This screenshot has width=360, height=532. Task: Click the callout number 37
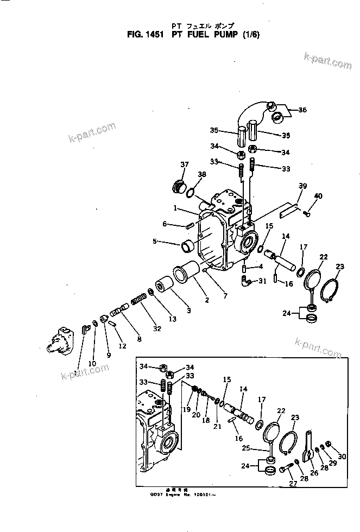[184, 165]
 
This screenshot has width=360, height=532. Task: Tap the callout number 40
[318, 196]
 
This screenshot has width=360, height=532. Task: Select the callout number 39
[302, 186]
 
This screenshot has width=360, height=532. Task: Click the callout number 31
[262, 281]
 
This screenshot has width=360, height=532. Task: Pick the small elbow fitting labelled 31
[247, 280]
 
